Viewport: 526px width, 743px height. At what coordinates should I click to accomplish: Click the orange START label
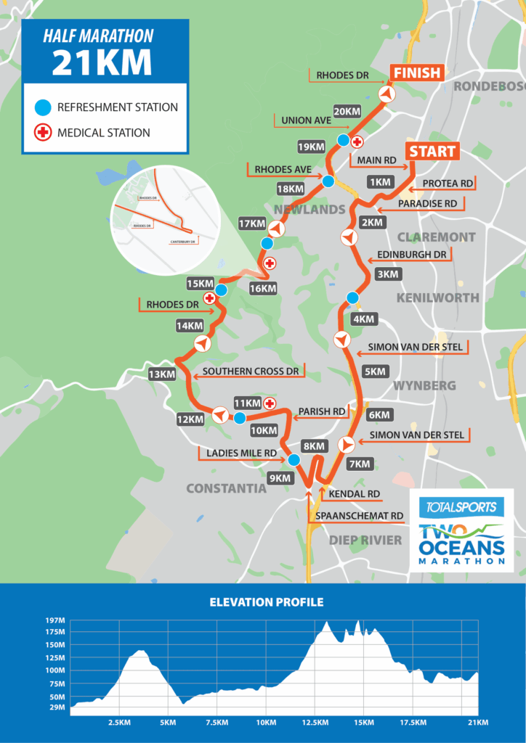pyautogui.click(x=432, y=152)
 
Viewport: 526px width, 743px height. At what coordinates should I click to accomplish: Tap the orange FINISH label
pyautogui.click(x=417, y=73)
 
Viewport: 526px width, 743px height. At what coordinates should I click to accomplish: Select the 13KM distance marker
pyautogui.click(x=162, y=374)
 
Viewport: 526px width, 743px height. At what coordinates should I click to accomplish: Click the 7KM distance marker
pyautogui.click(x=360, y=464)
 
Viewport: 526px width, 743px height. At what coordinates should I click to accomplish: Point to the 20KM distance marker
pyautogui.click(x=347, y=112)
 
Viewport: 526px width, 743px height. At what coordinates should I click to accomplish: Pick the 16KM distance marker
pyautogui.click(x=262, y=288)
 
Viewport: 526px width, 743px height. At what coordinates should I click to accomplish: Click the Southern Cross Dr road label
pyautogui.click(x=251, y=371)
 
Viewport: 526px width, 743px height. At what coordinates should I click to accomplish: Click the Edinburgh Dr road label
pyautogui.click(x=411, y=255)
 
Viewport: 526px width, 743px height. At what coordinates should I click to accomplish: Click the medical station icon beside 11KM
pyautogui.click(x=270, y=403)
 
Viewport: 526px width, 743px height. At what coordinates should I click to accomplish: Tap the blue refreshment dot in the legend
pyautogui.click(x=43, y=107)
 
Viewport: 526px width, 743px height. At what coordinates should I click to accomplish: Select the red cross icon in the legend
pyautogui.click(x=43, y=133)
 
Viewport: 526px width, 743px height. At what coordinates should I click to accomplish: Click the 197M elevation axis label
pyautogui.click(x=56, y=620)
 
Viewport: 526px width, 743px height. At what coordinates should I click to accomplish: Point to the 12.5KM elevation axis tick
pyautogui.click(x=315, y=723)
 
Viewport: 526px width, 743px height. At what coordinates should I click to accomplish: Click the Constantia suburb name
pyautogui.click(x=226, y=488)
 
